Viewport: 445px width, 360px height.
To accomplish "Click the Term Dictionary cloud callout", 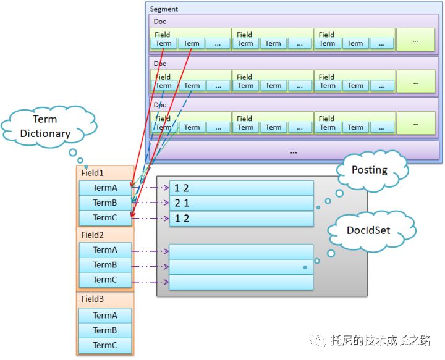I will pyautogui.click(x=45, y=126).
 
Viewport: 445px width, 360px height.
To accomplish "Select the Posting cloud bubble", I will pyautogui.click(x=370, y=170).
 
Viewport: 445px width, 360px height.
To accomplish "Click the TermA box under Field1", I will pyautogui.click(x=105, y=188).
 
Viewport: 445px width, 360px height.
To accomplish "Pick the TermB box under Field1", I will pyautogui.click(x=105, y=203).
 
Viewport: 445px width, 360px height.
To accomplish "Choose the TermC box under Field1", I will pyautogui.click(x=105, y=218).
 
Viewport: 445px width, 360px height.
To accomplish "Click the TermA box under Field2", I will pyautogui.click(x=105, y=250).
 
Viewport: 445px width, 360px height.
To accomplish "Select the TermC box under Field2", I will pyautogui.click(x=105, y=280).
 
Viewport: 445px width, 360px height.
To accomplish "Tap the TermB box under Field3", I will pyautogui.click(x=105, y=330).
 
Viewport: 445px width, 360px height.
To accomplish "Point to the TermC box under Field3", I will pyautogui.click(x=105, y=345).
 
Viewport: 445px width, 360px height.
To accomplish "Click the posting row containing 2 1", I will pyautogui.click(x=242, y=203).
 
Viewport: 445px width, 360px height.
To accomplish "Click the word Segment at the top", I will pyautogui.click(x=164, y=9).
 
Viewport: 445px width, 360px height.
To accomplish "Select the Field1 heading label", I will pyautogui.click(x=93, y=174).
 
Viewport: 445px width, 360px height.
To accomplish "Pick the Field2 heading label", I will pyautogui.click(x=93, y=235).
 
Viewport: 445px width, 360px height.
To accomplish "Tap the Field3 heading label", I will pyautogui.click(x=93, y=299).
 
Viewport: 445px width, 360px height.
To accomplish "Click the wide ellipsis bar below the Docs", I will pyautogui.click(x=294, y=151).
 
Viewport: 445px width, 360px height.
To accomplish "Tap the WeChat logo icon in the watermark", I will pyautogui.click(x=318, y=340).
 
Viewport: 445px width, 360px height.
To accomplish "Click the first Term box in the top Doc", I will pyautogui.click(x=164, y=43).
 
